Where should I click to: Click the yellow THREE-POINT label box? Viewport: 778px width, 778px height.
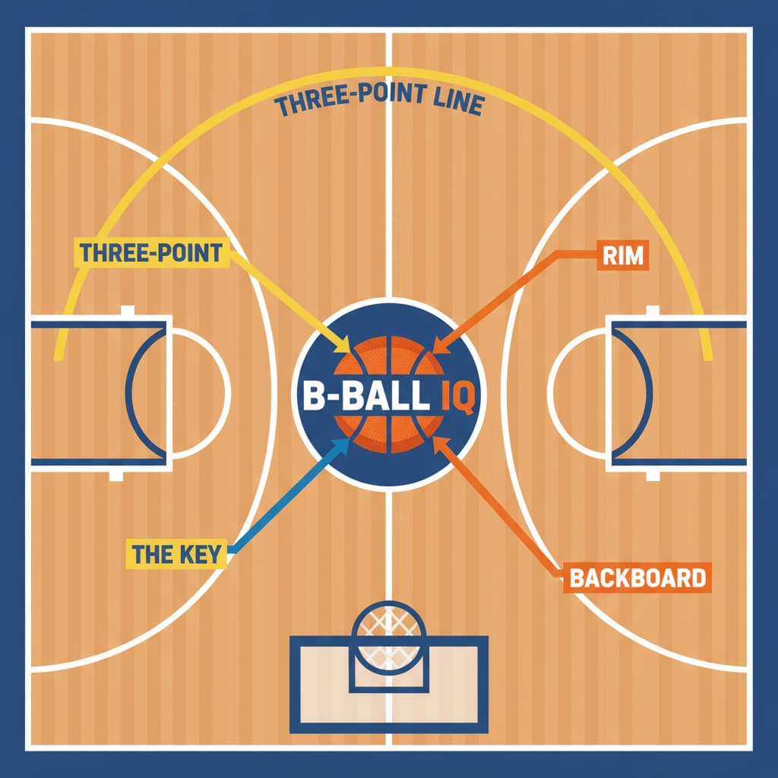tap(152, 252)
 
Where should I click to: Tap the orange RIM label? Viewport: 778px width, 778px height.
tap(623, 255)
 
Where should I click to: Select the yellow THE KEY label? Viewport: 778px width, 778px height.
tap(176, 554)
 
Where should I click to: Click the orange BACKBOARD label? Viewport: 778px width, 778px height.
tap(637, 577)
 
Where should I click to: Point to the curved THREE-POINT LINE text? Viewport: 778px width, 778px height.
tap(379, 100)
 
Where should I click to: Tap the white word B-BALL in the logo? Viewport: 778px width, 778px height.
tap(365, 395)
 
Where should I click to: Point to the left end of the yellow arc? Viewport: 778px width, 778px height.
tap(59, 356)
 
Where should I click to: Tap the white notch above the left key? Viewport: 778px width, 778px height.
tap(128, 310)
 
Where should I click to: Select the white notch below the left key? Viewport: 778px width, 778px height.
tap(116, 476)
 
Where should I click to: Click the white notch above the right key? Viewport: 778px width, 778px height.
tap(653, 311)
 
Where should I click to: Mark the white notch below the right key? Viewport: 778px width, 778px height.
tap(653, 476)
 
